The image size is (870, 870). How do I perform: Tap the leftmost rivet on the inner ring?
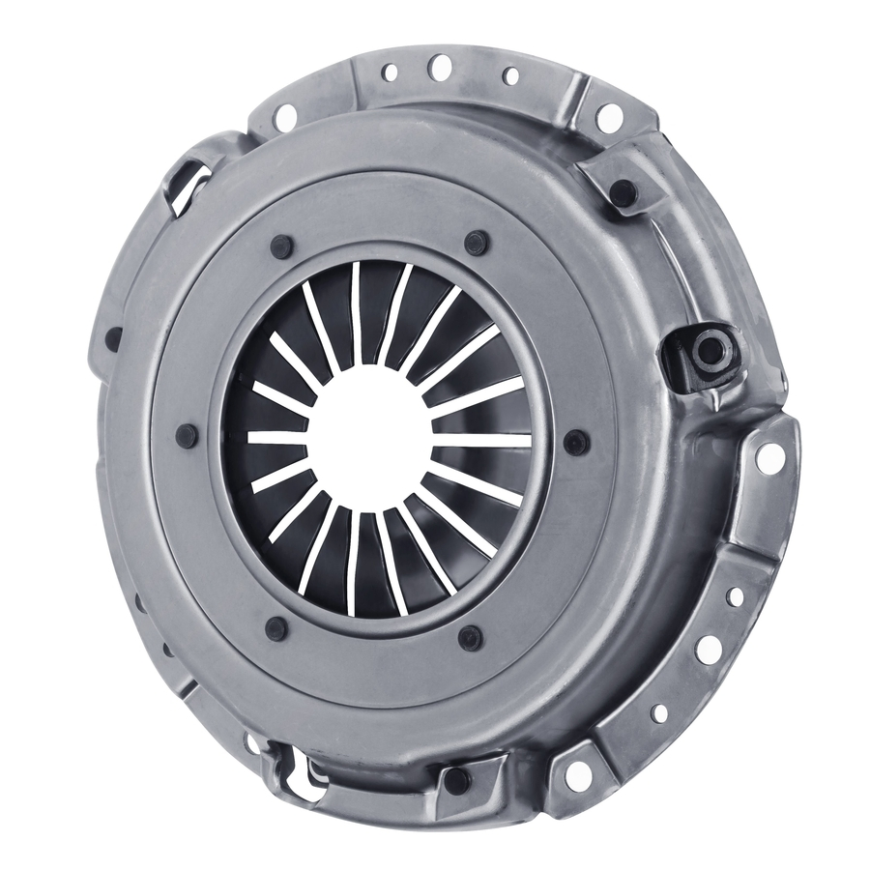pyautogui.click(x=187, y=435)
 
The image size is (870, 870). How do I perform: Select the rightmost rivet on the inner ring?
pyautogui.click(x=576, y=443)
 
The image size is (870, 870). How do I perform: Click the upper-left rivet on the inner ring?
pyautogui.click(x=281, y=246)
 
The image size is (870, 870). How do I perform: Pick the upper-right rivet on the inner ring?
pyautogui.click(x=476, y=243)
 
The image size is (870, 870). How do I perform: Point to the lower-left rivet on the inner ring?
pyautogui.click(x=276, y=628)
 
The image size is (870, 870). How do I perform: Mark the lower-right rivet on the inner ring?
pyautogui.click(x=471, y=637)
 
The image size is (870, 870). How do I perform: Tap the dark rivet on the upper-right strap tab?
pyautogui.click(x=623, y=192)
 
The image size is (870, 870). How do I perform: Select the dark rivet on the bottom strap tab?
pyautogui.click(x=455, y=780)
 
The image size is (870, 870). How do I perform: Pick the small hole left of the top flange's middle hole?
pyautogui.click(x=391, y=72)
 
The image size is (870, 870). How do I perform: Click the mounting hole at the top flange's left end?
pyautogui.click(x=285, y=117)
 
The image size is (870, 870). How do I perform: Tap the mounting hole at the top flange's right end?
pyautogui.click(x=609, y=117)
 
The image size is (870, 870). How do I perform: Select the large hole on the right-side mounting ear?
pyautogui.click(x=770, y=458)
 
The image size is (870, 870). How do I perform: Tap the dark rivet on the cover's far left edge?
pyautogui.click(x=114, y=339)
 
